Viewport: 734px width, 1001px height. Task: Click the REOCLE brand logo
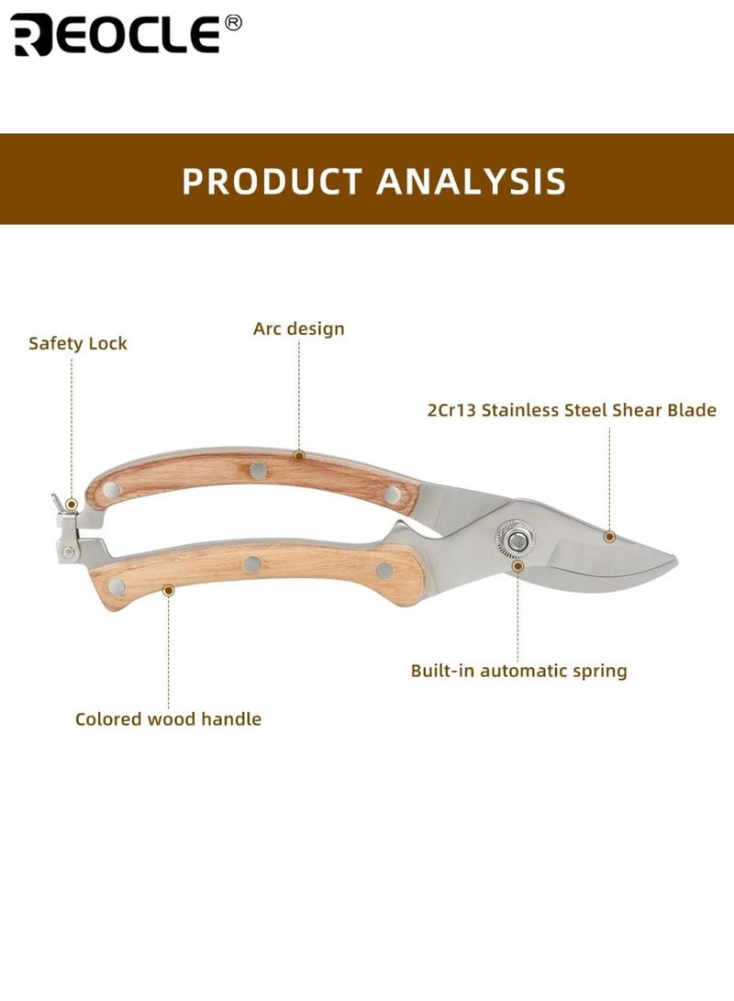click(x=117, y=35)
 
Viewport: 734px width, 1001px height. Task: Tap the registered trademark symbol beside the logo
click(x=234, y=23)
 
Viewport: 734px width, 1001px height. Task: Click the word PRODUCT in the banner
click(x=272, y=181)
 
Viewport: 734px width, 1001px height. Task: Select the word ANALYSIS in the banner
click(x=471, y=181)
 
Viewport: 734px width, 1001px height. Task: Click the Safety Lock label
click(x=78, y=343)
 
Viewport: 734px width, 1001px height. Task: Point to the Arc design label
click(x=299, y=328)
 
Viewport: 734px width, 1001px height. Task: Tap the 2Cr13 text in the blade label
click(x=451, y=410)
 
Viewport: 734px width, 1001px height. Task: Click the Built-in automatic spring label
click(x=519, y=671)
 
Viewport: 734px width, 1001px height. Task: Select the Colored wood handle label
click(x=169, y=718)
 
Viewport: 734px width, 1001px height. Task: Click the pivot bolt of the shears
click(x=516, y=540)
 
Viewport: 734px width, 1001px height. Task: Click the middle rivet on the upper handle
click(x=258, y=471)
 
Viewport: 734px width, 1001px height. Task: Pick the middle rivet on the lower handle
click(x=252, y=563)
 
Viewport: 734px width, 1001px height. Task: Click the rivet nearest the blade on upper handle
click(x=393, y=495)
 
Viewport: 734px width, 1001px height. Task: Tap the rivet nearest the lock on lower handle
click(x=117, y=586)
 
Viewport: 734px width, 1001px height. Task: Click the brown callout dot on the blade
click(x=609, y=537)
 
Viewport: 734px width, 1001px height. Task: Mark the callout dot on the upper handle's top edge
click(x=299, y=456)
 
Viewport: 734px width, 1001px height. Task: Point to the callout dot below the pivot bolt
click(x=518, y=566)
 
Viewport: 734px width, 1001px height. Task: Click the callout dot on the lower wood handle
click(x=169, y=591)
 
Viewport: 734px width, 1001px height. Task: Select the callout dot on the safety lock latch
click(x=72, y=505)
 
